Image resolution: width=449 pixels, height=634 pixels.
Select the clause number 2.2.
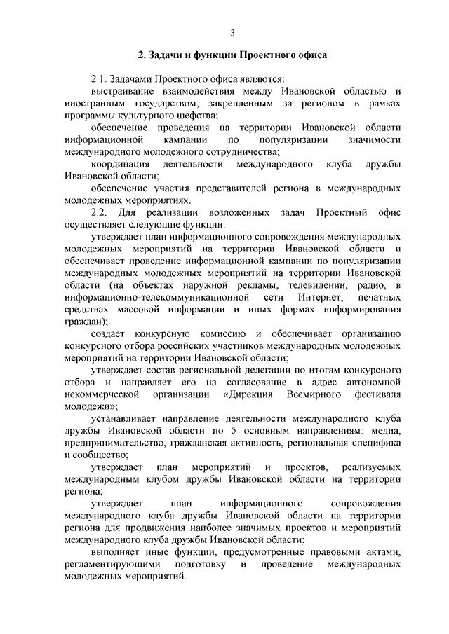(x=102, y=212)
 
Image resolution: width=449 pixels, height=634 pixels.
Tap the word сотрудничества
(x=241, y=151)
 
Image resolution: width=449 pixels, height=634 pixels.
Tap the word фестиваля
(x=377, y=394)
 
